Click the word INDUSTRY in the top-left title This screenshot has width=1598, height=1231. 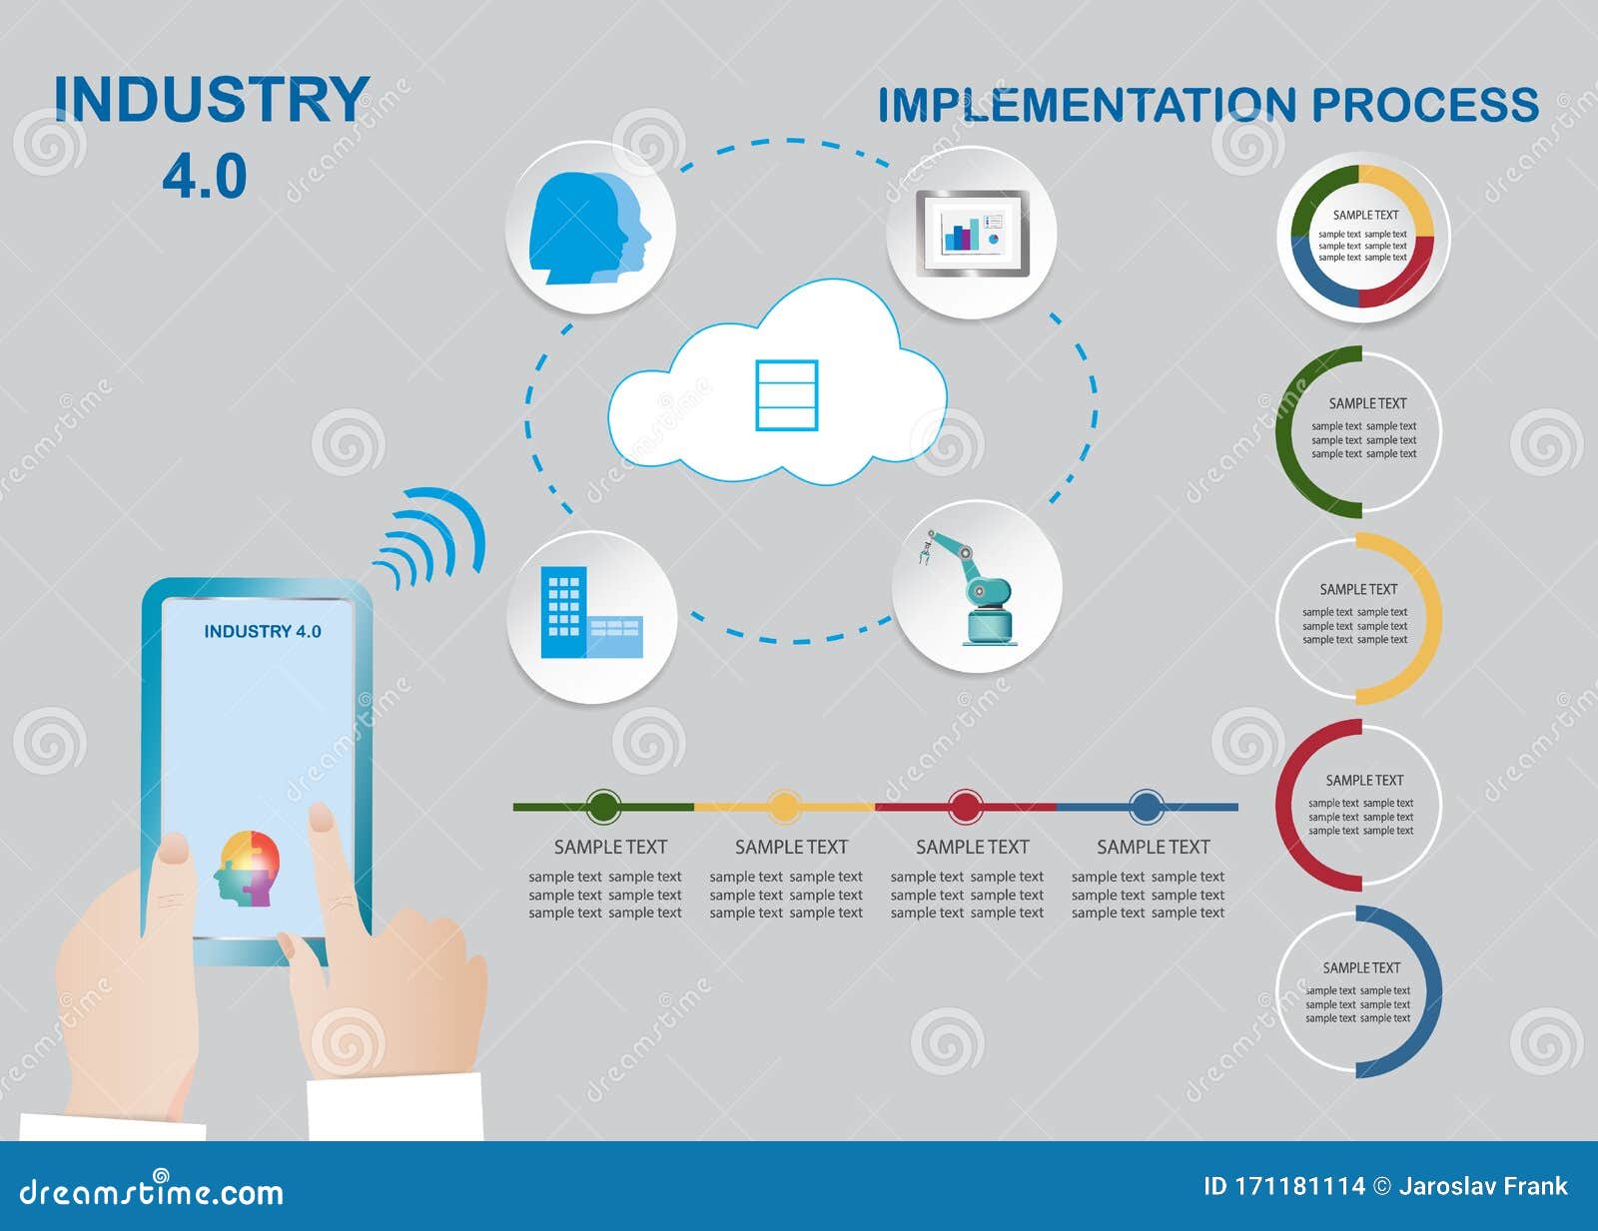coord(212,100)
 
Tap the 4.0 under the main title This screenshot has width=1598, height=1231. coord(205,177)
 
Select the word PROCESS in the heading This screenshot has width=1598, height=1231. coord(1425,105)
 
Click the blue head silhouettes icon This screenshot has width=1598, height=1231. coord(589,229)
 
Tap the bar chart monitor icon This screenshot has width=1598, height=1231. coord(972,233)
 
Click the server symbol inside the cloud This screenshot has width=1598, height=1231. coord(787,395)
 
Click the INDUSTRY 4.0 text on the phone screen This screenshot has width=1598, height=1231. coord(263,632)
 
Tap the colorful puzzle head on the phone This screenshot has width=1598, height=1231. coord(247,869)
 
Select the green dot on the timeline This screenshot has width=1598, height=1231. coord(603,807)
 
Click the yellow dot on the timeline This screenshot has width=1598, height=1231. coord(784,807)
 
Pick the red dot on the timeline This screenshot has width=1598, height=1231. coord(965,807)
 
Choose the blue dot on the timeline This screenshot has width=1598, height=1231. coord(1146,807)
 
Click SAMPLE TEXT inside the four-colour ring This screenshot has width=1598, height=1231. coord(1365,215)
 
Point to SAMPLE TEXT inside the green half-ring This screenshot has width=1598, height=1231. coord(1367,403)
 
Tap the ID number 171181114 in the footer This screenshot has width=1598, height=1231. coord(1299,1186)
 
